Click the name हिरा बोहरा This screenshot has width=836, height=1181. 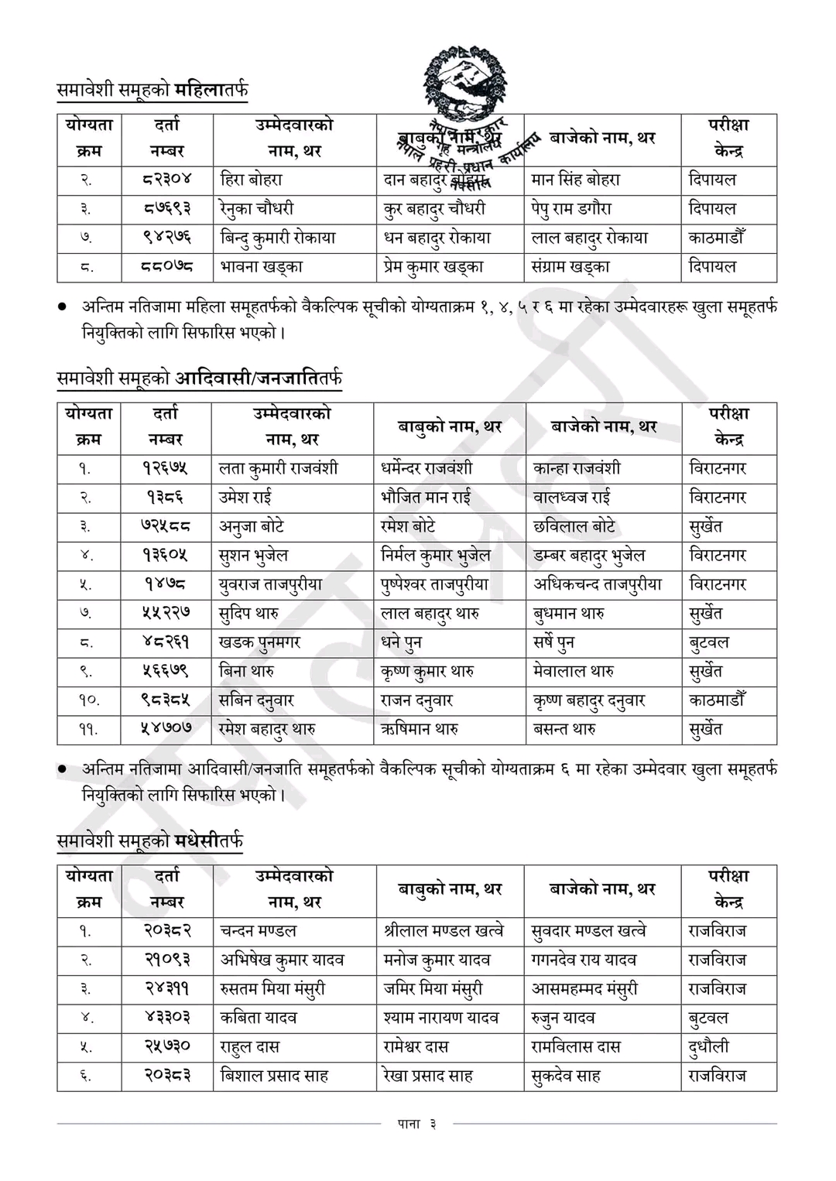(252, 180)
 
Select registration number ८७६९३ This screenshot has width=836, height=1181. (167, 208)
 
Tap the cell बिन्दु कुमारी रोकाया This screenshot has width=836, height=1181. (278, 238)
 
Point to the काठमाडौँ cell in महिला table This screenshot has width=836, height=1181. (716, 238)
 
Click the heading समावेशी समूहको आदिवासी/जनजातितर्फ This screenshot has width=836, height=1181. (200, 378)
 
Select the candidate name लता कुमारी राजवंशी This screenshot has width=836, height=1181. (278, 468)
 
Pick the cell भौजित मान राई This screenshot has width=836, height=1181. (426, 497)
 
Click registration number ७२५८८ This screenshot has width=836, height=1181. (166, 526)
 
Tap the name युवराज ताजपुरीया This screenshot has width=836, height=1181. (270, 584)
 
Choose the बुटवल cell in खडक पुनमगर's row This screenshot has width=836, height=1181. (709, 642)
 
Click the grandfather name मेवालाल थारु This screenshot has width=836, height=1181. (574, 671)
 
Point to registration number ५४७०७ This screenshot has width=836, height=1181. (166, 729)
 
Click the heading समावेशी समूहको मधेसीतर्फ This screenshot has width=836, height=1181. (150, 840)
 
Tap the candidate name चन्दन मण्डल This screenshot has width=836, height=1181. (258, 931)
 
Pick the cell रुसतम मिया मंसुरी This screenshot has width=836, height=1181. (272, 989)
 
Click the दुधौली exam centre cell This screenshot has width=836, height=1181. (709, 1047)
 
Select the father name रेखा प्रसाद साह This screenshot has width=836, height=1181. (428, 1076)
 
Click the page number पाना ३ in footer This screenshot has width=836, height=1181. (417, 1125)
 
